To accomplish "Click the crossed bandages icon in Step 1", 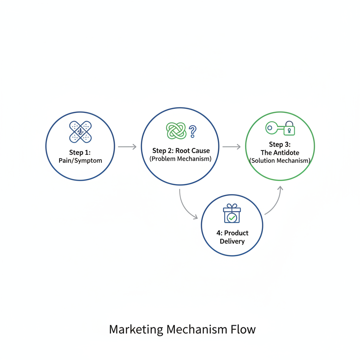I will [81, 132].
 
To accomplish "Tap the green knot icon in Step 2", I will [176, 131].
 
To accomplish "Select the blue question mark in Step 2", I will [192, 131].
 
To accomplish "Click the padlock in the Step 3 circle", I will [289, 129].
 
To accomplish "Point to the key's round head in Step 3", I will [270, 128].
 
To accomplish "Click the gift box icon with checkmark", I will [232, 213].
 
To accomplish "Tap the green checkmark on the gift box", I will [232, 218].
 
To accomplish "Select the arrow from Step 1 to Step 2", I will [127, 147].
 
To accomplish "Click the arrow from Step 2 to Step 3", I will [231, 147].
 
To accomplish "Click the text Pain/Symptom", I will [80, 161].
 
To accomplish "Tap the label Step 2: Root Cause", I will [181, 151].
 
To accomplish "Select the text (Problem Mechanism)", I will [180, 159].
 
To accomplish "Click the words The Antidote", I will [280, 153].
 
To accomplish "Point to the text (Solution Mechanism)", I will [280, 161].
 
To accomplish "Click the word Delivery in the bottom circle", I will [232, 241].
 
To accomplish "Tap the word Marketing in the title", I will [136, 329].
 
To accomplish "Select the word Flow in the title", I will [243, 329].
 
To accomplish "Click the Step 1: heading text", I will [80, 152].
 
